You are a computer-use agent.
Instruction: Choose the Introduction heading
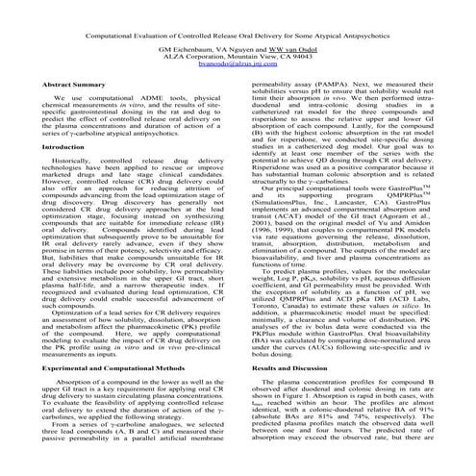point(57,146)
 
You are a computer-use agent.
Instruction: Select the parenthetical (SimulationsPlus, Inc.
point(286,232)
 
